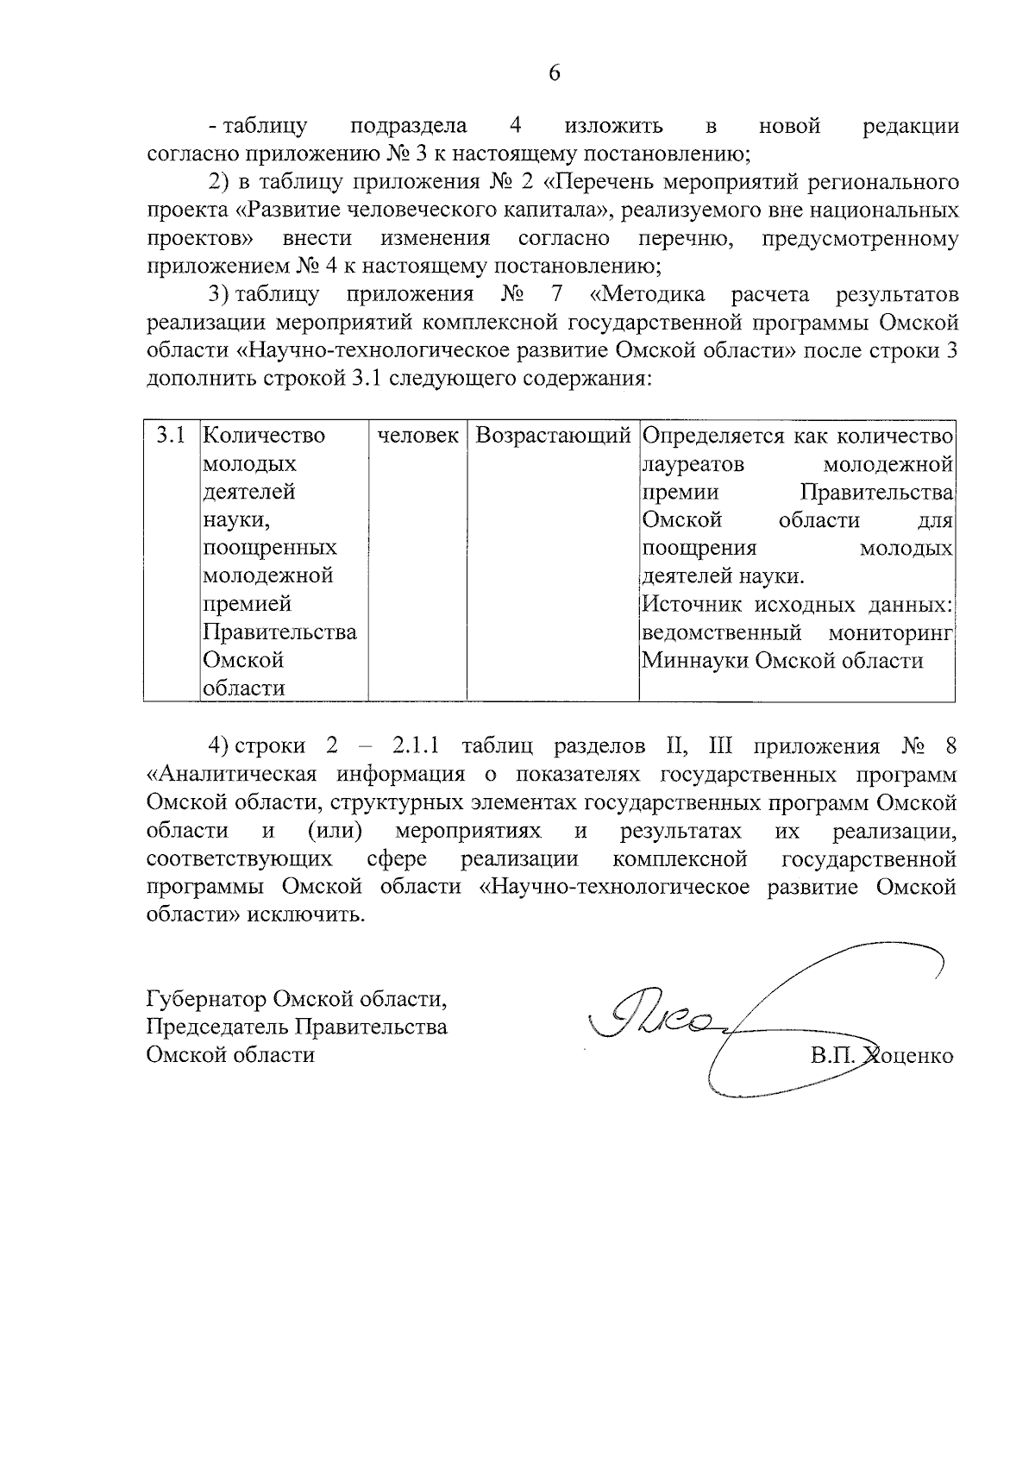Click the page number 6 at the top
554,73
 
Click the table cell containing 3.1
171,436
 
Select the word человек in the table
418,436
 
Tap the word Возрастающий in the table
553,436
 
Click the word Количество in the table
263,436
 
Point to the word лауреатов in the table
693,465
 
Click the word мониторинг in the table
890,633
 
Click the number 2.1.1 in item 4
417,746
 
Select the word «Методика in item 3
647,295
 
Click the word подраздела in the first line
409,126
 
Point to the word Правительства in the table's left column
279,632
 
